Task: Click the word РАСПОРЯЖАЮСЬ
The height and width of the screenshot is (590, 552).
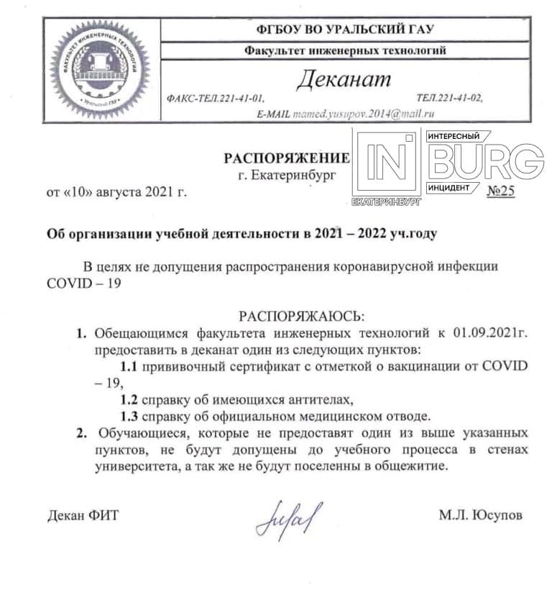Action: point(302,316)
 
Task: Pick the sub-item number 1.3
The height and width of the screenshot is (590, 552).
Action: point(129,417)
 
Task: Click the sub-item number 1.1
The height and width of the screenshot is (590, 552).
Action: point(129,366)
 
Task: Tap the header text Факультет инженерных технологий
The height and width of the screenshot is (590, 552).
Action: point(344,50)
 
